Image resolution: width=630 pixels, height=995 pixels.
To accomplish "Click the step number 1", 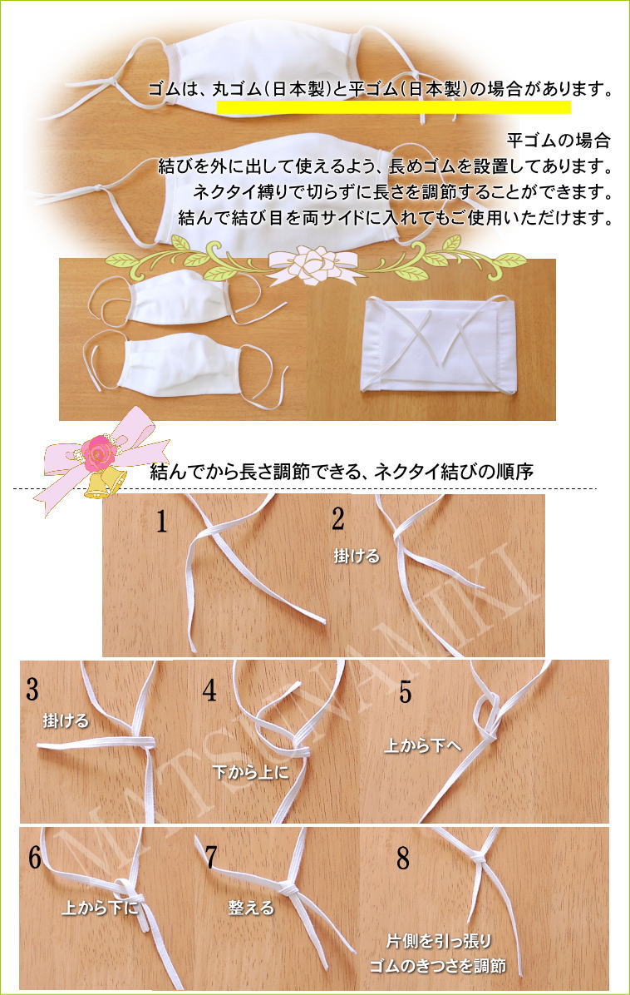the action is [x=162, y=522].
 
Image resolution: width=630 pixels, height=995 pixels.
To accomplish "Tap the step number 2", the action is [x=338, y=518].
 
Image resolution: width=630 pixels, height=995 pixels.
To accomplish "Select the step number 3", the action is [x=33, y=690].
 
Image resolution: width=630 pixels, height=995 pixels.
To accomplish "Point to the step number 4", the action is [x=209, y=690].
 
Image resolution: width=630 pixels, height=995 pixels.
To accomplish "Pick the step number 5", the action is [x=406, y=691].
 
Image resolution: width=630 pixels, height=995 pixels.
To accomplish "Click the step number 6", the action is [x=35, y=857].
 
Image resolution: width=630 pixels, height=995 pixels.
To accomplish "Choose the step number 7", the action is [x=211, y=857].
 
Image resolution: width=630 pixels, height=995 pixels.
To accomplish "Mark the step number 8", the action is [x=403, y=858].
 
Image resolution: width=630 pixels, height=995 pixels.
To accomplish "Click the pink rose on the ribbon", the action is [x=100, y=453].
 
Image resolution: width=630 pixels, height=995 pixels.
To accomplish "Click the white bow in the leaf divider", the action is [x=313, y=262].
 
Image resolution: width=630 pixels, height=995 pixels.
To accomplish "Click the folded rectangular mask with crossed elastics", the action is [x=437, y=344].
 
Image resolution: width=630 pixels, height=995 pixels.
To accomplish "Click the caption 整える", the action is [x=251, y=908].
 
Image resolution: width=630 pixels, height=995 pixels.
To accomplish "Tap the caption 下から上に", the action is [x=251, y=772].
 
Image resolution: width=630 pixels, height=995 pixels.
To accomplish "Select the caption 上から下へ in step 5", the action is [x=423, y=746].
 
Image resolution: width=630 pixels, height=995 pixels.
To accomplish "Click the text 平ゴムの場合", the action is [x=559, y=141].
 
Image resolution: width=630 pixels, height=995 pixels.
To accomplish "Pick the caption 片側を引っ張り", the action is [x=439, y=940].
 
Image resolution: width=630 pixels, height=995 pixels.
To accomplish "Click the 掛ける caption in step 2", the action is [x=357, y=556].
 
